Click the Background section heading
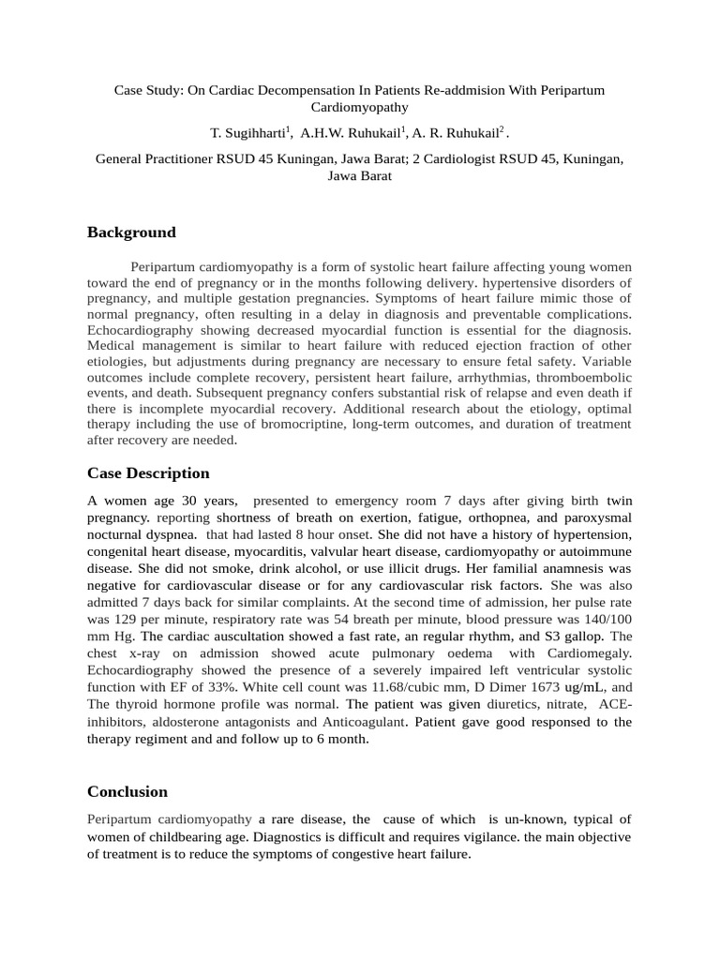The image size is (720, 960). click(x=131, y=232)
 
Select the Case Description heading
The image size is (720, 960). click(x=148, y=473)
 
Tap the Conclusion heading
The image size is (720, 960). click(x=127, y=766)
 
